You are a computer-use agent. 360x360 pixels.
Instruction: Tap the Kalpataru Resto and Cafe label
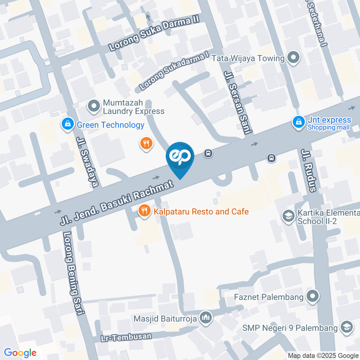pyautogui.click(x=200, y=211)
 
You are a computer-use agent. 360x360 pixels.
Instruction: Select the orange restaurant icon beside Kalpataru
pyautogui.click(x=144, y=211)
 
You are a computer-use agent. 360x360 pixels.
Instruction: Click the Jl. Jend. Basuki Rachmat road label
pyautogui.click(x=117, y=203)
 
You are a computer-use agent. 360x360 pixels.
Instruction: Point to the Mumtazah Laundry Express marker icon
pyautogui.click(x=93, y=106)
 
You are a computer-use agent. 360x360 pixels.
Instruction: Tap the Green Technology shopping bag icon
pyautogui.click(x=68, y=124)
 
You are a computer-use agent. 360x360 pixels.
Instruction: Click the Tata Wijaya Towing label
pyautogui.click(x=248, y=58)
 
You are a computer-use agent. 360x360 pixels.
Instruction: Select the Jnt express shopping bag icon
pyautogui.click(x=299, y=122)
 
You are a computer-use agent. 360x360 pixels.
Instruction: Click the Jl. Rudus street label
pyautogui.click(x=309, y=170)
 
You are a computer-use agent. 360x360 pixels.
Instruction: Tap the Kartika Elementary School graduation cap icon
pyautogui.click(x=288, y=216)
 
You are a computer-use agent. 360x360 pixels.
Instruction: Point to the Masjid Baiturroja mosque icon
pyautogui.click(x=205, y=318)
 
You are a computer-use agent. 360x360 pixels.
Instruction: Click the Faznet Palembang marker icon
pyautogui.click(x=312, y=297)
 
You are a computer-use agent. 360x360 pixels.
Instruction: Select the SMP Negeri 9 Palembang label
pyautogui.click(x=290, y=328)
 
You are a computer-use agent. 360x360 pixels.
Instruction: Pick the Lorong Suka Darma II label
pyautogui.click(x=154, y=33)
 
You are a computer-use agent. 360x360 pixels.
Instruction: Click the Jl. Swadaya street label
pyautogui.click(x=87, y=161)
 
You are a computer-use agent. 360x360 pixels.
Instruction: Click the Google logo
pyautogui.click(x=20, y=353)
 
